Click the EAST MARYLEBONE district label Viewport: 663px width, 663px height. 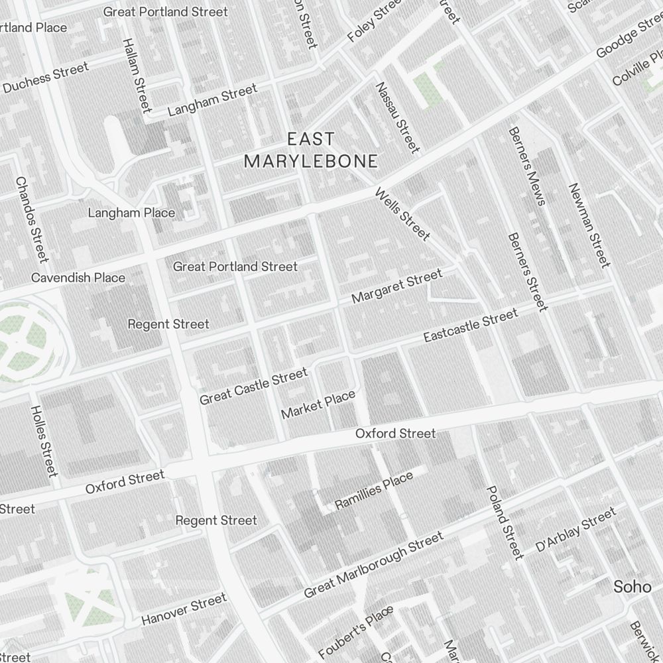(x=311, y=150)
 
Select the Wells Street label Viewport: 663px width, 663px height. (x=402, y=214)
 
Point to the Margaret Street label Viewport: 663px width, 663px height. (x=396, y=286)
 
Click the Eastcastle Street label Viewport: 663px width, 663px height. (x=470, y=326)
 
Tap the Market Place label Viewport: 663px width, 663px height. (x=318, y=404)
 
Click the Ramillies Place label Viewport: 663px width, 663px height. (x=374, y=491)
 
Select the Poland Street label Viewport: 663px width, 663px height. (x=505, y=522)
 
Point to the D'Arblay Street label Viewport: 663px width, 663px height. (x=575, y=529)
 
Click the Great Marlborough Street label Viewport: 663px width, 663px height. (x=373, y=565)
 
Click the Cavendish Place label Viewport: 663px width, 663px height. (x=78, y=277)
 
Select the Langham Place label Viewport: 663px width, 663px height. (x=132, y=213)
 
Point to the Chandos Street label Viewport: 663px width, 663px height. (x=32, y=218)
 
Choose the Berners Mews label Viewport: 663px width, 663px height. (x=527, y=166)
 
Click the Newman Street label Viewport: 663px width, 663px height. (x=589, y=225)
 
